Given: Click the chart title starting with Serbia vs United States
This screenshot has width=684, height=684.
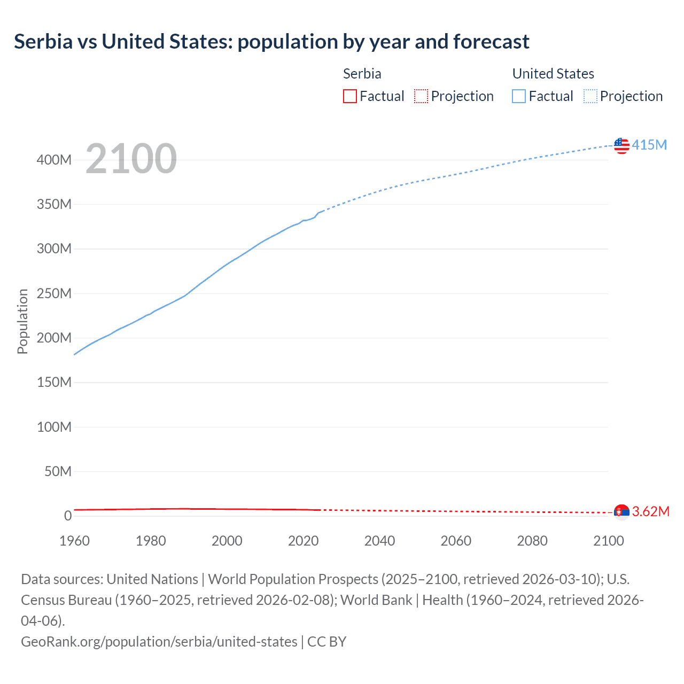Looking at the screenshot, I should [271, 42].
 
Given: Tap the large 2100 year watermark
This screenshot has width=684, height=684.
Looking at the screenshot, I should [131, 159].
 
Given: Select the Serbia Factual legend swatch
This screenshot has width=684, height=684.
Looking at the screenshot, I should [350, 96].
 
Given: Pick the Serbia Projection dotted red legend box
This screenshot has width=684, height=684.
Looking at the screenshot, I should [421, 96].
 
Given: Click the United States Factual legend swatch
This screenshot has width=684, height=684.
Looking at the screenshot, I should [519, 96].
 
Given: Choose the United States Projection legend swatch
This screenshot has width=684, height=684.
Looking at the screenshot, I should [590, 96].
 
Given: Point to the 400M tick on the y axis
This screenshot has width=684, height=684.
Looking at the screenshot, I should [54, 160].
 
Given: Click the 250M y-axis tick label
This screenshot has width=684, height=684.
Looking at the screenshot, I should [54, 293].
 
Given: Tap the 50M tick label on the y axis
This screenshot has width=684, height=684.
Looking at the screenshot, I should [58, 471].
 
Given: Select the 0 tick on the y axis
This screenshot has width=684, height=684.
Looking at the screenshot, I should [68, 516].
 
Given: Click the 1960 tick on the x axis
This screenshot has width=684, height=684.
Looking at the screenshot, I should [74, 541].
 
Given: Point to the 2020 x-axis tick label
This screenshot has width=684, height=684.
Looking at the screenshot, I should [303, 541].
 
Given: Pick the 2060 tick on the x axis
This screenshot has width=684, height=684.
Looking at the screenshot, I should [456, 541].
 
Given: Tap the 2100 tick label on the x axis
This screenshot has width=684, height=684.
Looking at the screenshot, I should [608, 541].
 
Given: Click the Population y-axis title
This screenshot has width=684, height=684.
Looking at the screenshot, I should [22, 321].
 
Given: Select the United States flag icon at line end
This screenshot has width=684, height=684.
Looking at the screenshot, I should [621, 145].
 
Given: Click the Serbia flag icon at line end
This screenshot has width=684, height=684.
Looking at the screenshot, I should [621, 512].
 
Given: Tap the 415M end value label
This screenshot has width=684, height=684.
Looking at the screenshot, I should [649, 145].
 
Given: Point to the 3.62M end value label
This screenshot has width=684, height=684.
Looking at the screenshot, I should [651, 511].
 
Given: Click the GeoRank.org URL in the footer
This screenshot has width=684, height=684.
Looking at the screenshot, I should [159, 641].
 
